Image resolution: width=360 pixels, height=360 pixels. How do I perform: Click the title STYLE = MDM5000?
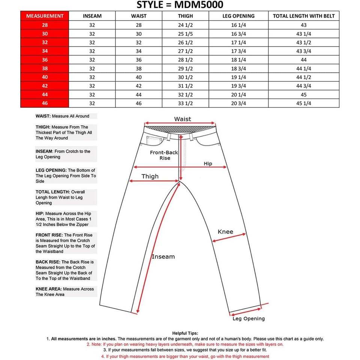[x=180, y=5]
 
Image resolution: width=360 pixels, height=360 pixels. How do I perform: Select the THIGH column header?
[x=185, y=16]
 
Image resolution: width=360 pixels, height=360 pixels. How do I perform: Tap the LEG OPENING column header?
[x=238, y=16]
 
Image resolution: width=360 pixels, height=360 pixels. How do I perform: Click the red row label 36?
[x=45, y=60]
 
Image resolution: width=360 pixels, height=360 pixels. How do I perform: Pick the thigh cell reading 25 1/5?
[x=185, y=34]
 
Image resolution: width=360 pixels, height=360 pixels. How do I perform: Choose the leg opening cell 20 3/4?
[x=238, y=103]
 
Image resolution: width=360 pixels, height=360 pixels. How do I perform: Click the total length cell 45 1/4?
[x=304, y=103]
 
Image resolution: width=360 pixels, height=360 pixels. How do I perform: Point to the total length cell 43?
[x=304, y=25]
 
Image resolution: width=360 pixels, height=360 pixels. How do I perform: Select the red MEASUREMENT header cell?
[x=45, y=16]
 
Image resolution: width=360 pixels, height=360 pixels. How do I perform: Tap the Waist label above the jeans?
[x=183, y=119]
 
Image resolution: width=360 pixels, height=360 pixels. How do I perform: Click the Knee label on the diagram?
[x=225, y=232]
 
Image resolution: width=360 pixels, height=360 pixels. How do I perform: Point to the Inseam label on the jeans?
[x=163, y=257]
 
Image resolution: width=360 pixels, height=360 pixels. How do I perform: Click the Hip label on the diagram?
[x=208, y=164]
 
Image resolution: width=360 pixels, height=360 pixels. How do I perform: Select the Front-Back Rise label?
[x=164, y=155]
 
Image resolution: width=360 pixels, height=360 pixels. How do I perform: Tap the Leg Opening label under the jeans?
[x=249, y=319]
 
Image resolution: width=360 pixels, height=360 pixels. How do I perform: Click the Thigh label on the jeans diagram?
[x=150, y=177]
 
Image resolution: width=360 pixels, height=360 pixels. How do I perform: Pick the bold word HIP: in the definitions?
[x=40, y=213]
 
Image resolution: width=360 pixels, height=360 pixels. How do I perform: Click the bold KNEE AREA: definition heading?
[x=49, y=289]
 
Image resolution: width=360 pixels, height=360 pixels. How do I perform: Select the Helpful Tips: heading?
[x=185, y=333]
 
